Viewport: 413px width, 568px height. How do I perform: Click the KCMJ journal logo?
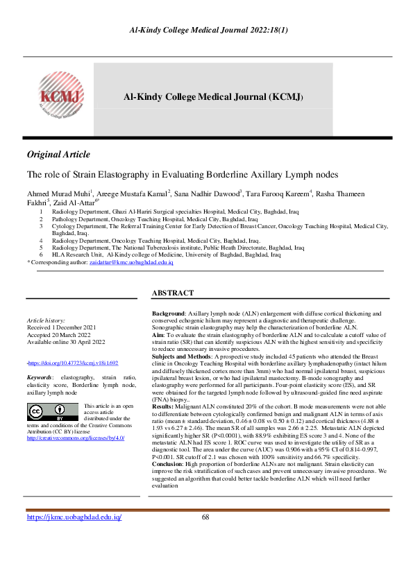(60, 98)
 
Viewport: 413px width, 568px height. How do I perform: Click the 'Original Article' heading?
(58, 154)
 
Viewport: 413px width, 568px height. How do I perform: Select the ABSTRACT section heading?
(173, 293)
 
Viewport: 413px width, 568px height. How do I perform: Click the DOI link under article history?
(74, 363)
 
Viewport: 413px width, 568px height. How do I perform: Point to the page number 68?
(205, 537)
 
